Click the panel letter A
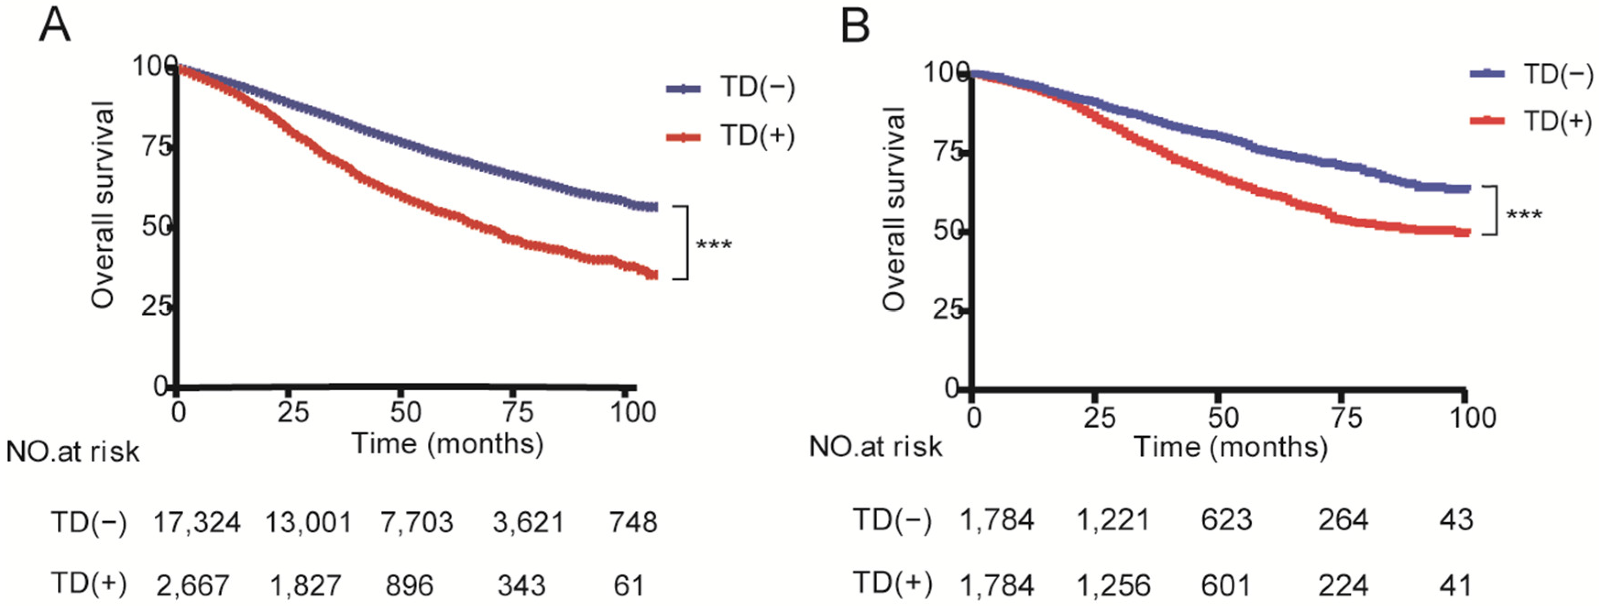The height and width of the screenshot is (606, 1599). click(54, 26)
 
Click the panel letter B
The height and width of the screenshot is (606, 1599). click(855, 26)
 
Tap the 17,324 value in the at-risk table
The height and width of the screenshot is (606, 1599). click(197, 523)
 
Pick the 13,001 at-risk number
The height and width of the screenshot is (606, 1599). click(309, 523)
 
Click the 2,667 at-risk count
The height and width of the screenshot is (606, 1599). click(192, 585)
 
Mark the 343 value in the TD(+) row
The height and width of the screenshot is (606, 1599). click(521, 585)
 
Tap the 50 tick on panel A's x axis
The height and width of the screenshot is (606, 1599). click(406, 412)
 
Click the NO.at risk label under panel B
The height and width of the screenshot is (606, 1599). click(875, 447)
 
